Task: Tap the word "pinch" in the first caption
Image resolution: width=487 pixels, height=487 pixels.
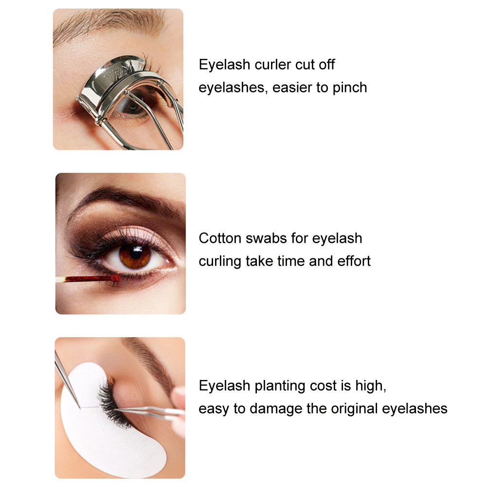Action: click(x=350, y=88)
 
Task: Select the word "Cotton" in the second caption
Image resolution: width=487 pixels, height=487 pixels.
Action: click(x=220, y=238)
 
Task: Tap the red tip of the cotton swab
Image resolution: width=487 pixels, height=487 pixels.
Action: click(x=115, y=278)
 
